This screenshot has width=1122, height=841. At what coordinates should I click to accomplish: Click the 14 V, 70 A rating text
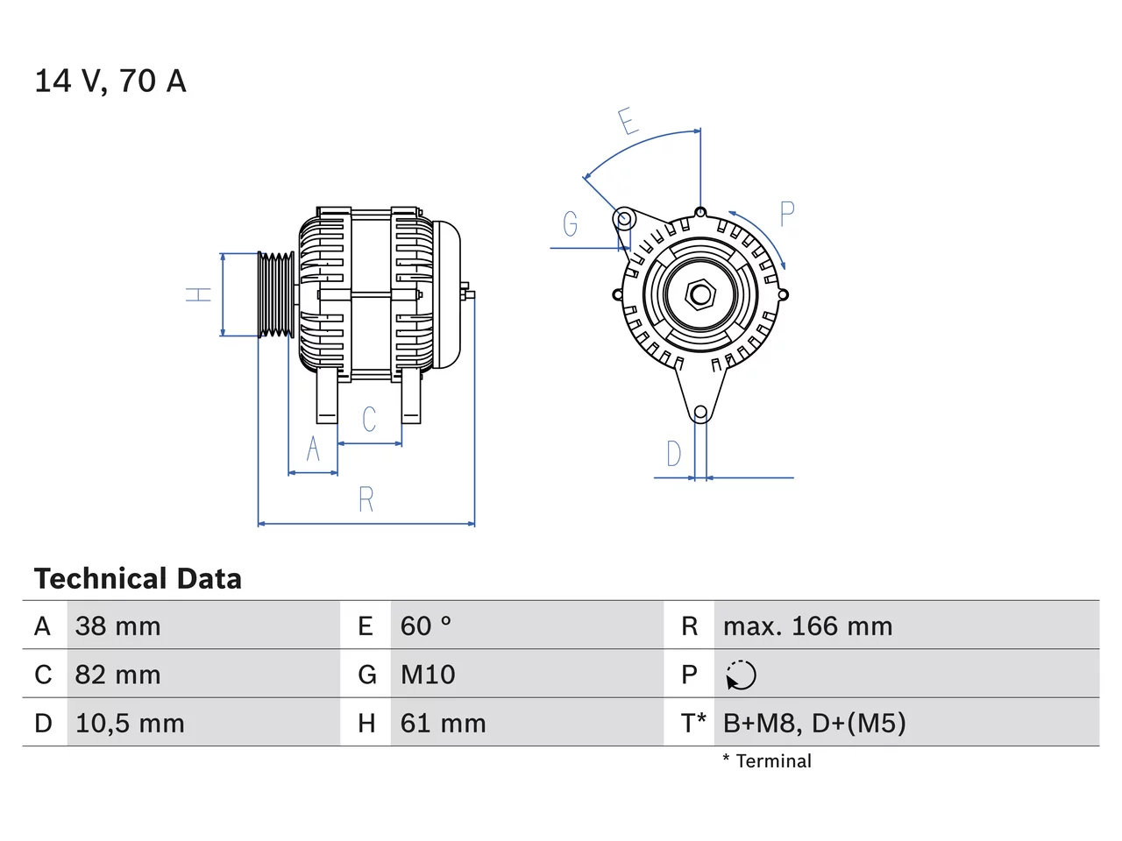[x=110, y=81]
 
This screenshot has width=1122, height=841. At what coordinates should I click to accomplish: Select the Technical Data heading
[x=138, y=578]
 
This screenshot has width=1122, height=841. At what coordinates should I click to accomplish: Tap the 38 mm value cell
[x=117, y=626]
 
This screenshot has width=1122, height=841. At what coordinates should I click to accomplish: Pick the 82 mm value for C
[x=117, y=674]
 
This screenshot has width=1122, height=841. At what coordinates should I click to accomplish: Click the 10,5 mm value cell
[x=130, y=723]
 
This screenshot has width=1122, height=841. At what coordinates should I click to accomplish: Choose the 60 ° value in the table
[x=426, y=626]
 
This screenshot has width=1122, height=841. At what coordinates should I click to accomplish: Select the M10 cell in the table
[x=428, y=674]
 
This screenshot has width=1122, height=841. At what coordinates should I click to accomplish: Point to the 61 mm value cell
[x=443, y=723]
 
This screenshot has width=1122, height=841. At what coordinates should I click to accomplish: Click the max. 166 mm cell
[x=807, y=626]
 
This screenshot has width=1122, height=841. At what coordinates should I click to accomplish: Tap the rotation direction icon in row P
[x=741, y=675]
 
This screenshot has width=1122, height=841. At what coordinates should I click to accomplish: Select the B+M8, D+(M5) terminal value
[x=814, y=723]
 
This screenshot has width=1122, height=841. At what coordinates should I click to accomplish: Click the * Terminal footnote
[x=767, y=760]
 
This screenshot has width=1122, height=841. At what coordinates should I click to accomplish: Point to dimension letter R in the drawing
[x=366, y=498]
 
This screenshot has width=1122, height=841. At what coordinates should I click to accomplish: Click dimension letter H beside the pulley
[x=198, y=294]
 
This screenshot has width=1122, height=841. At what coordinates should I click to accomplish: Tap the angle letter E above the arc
[x=628, y=121]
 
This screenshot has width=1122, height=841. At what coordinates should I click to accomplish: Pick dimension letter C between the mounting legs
[x=369, y=420]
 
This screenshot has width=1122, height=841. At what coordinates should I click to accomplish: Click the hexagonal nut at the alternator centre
[x=699, y=294]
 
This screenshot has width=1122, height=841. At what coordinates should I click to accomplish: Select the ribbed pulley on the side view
[x=276, y=294]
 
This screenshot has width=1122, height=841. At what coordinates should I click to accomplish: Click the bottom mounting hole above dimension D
[x=700, y=412]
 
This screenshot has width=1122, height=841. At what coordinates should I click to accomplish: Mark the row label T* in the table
[x=693, y=722]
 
